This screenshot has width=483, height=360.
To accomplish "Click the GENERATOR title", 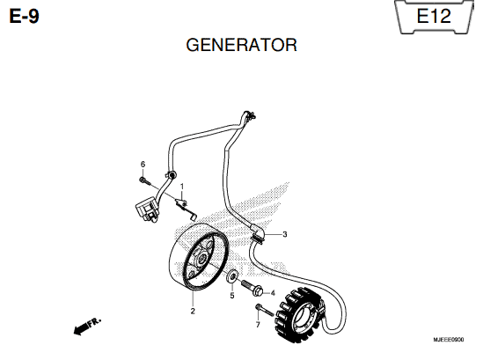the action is pos(241,45).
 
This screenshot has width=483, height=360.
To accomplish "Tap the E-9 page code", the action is pos(25,16).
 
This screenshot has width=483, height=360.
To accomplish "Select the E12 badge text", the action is pos(434,16).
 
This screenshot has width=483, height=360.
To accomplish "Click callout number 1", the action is pos(182,187).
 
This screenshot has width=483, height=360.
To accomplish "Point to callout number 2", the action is pos(193,311).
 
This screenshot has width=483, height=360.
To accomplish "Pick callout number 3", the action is pos(285,234).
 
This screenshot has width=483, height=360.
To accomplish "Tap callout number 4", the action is pos(273,293).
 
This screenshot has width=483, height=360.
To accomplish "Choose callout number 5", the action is pos(232,296).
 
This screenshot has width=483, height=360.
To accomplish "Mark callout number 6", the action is pos(143,165).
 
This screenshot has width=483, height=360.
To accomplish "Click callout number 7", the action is pos(258,325).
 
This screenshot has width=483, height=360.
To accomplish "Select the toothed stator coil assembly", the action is pos(299,315).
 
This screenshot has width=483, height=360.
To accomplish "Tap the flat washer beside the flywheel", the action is pos(231,276).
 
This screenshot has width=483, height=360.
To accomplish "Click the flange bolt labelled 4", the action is pos(252,287).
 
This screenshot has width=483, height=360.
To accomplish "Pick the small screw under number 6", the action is pos(144,181).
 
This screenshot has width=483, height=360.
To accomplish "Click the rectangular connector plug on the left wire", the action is pos(146,209).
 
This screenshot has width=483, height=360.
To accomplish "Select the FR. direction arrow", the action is pos(87,326).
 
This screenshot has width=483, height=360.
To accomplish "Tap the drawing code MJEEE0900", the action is pos(448,340).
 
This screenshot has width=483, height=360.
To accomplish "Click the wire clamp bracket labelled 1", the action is pos(185,208).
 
